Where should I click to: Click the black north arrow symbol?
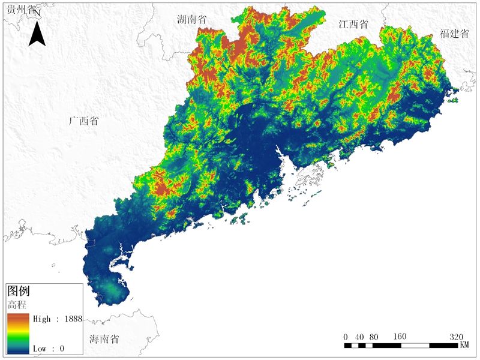(x=38, y=34)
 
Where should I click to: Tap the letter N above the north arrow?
(x=37, y=13)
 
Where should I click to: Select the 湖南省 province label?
(x=191, y=19)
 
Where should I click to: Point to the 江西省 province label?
(x=353, y=25)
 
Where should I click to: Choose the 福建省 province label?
(x=454, y=34)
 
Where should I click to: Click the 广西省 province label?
(x=83, y=121)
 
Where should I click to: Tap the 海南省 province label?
(x=104, y=339)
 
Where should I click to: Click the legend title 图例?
(x=19, y=291)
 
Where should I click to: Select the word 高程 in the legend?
(x=17, y=304)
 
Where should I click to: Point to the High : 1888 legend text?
(x=57, y=319)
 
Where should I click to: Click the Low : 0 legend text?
(x=49, y=348)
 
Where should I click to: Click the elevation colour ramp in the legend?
(x=19, y=333)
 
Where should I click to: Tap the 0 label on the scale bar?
(x=346, y=336)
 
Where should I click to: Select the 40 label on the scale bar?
(x=359, y=336)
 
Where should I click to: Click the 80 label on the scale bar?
(x=374, y=336)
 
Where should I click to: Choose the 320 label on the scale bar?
(x=456, y=336)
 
